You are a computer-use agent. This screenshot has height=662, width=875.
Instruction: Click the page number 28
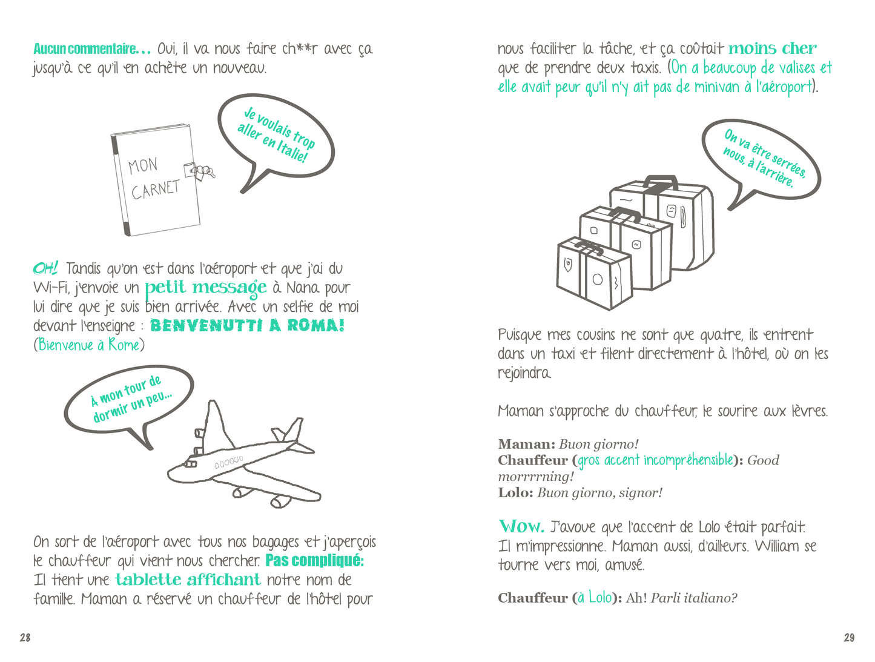(25, 637)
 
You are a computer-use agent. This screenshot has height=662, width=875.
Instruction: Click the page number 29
(849, 637)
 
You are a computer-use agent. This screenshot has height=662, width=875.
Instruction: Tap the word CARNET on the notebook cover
(156, 190)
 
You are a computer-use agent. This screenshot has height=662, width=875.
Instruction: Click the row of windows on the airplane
(228, 462)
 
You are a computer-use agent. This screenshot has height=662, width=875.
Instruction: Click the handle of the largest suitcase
(661, 183)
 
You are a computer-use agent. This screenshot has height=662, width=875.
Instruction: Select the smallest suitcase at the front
(594, 273)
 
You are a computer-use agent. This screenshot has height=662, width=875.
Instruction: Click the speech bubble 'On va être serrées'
(761, 162)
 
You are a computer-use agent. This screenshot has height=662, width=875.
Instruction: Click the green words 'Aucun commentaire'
(91, 48)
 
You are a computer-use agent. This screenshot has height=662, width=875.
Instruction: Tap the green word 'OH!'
(45, 268)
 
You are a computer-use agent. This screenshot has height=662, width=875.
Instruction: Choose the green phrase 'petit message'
(205, 288)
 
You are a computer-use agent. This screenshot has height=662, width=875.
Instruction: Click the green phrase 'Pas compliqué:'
(314, 560)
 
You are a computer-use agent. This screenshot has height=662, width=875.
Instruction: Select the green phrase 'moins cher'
(772, 48)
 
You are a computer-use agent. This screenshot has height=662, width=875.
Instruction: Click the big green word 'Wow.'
(521, 526)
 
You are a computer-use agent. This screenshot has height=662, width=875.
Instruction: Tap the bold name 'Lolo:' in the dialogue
(515, 492)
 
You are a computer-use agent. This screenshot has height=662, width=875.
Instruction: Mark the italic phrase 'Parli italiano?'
(693, 598)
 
